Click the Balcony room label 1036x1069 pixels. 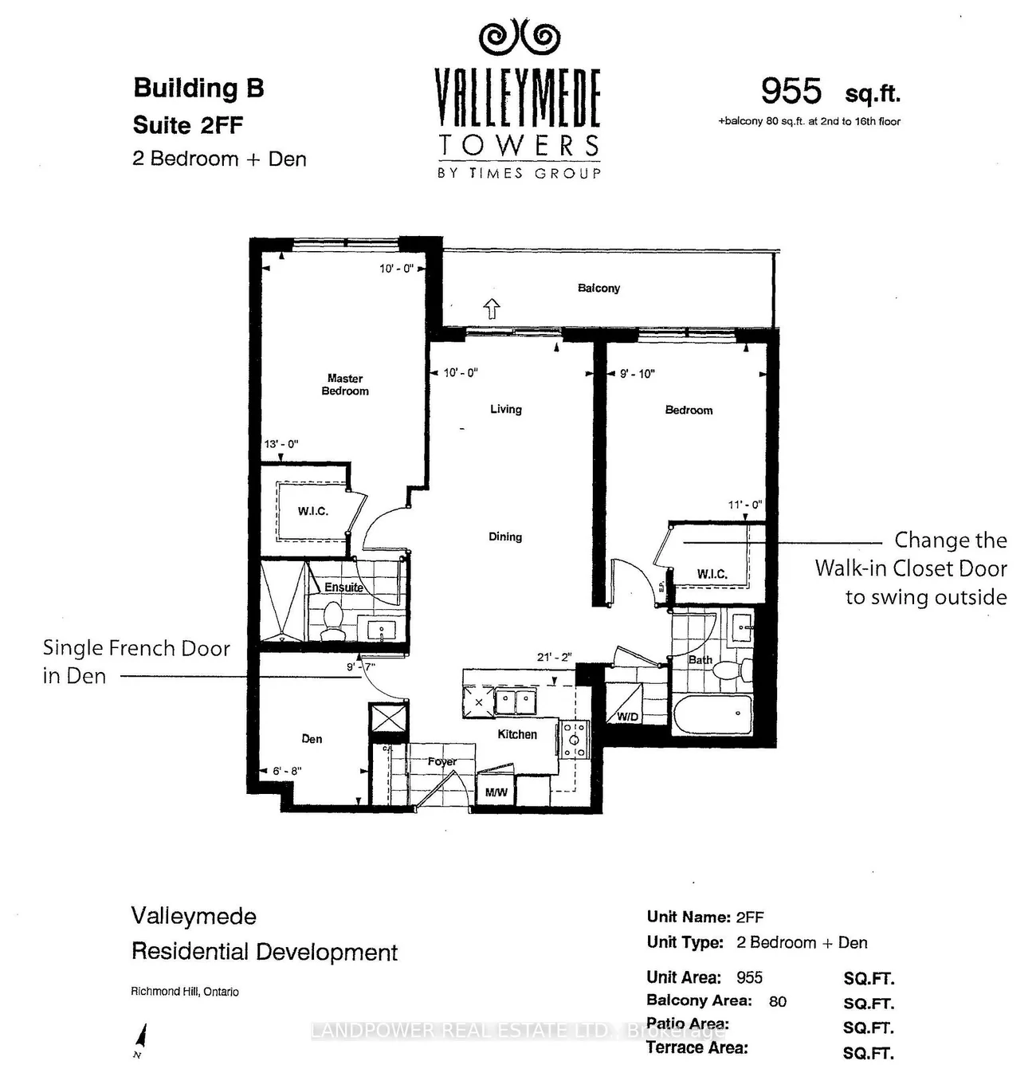tap(598, 289)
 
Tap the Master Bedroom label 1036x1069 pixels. tap(345, 384)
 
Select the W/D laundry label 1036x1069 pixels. tap(627, 717)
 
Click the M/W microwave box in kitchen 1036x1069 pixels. tap(496, 792)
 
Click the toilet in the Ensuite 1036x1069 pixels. tap(332, 621)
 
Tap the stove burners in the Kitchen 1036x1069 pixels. tap(574, 739)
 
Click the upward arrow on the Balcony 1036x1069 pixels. tap(492, 309)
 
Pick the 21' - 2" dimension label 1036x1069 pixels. tap(554, 657)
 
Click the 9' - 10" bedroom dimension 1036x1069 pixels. tap(638, 374)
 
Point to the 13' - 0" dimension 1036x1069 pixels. tap(281, 443)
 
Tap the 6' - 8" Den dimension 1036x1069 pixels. tap(287, 771)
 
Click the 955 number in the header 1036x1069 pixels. tap(791, 91)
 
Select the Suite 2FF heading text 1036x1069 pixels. tap(188, 125)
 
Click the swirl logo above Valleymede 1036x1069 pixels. tap(519, 37)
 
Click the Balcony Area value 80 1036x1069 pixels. tap(777, 1001)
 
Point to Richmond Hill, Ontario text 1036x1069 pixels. tap(185, 991)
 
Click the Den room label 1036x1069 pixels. tap(312, 739)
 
